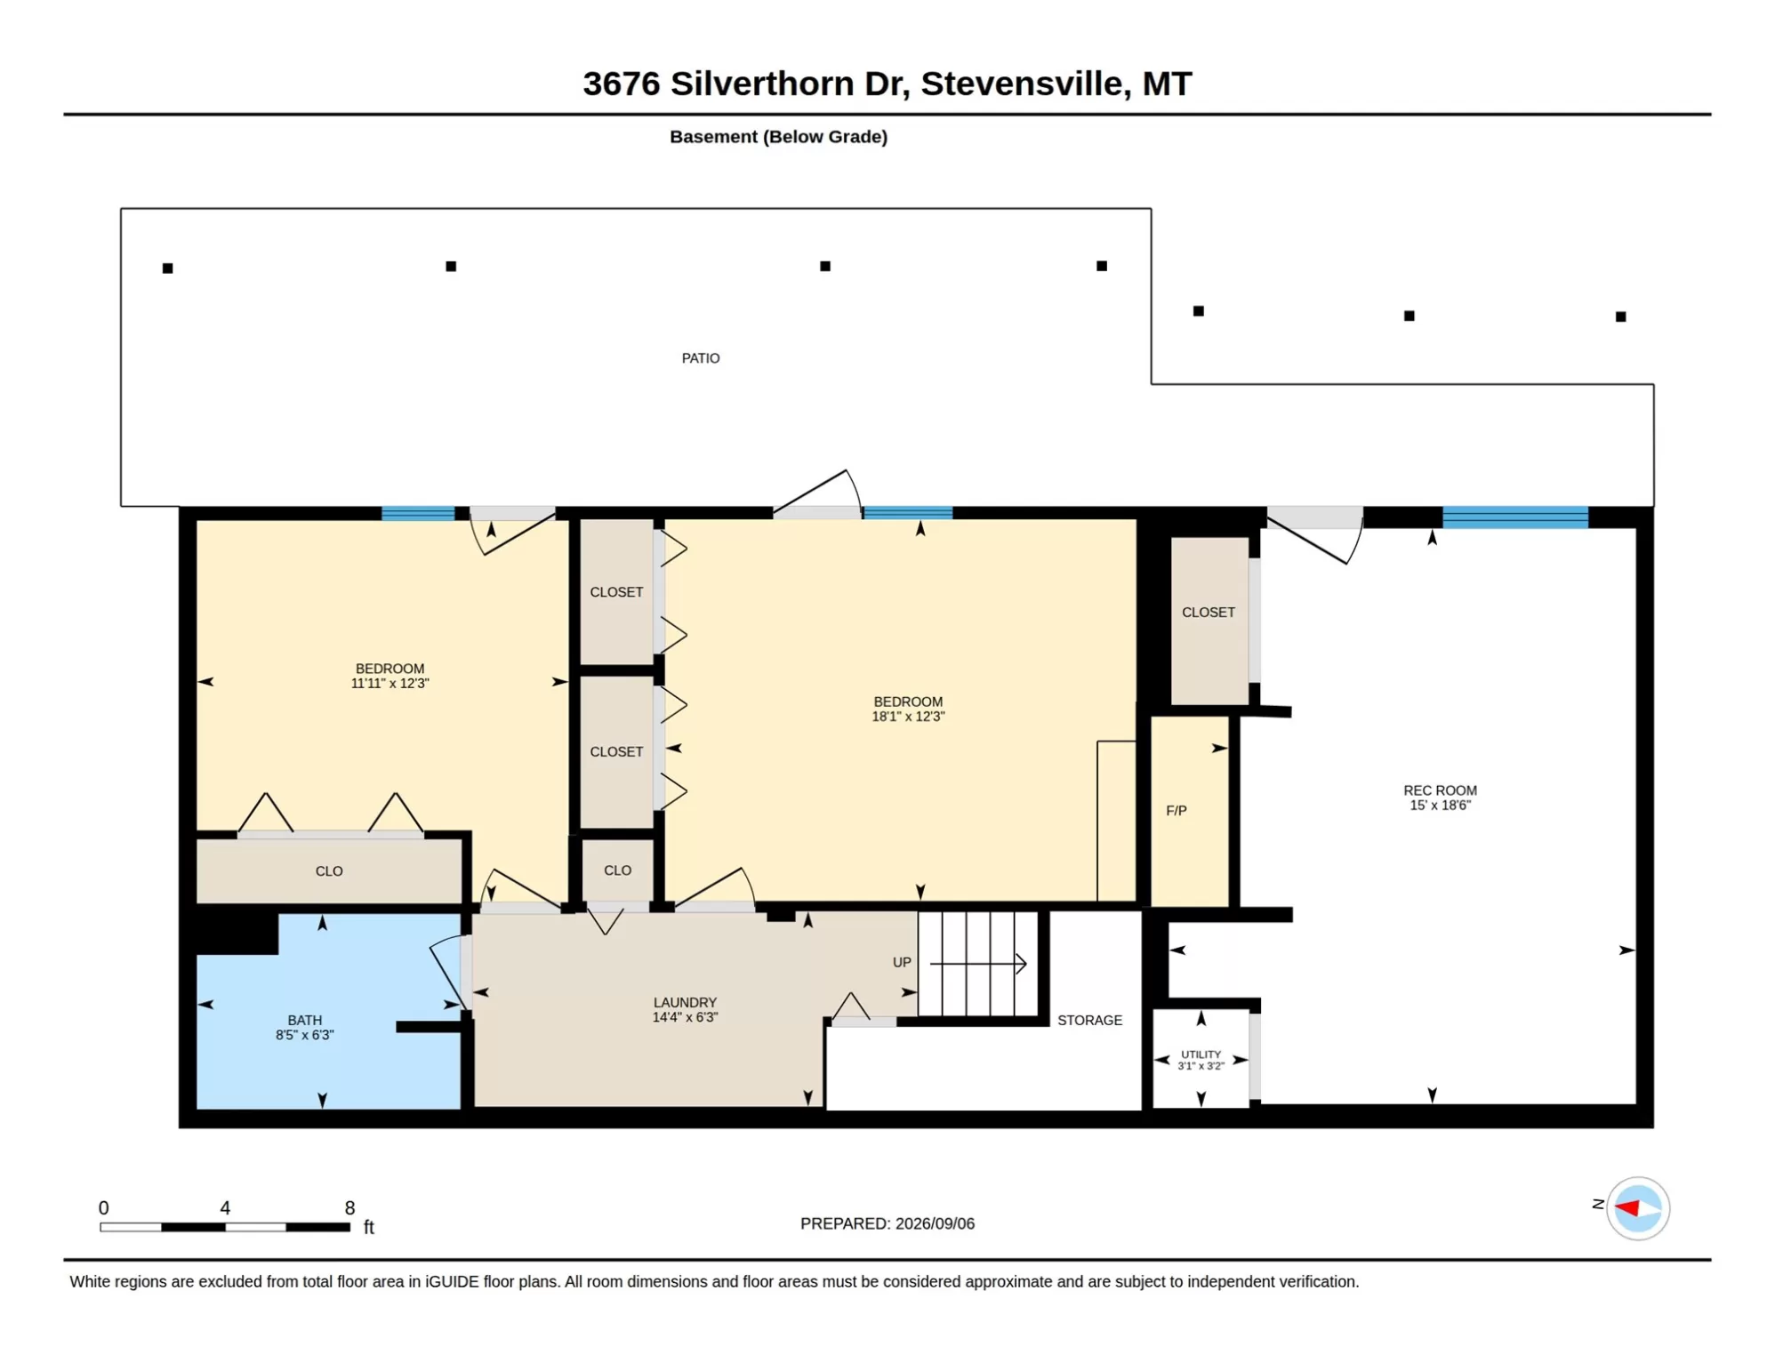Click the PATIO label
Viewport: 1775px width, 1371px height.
[701, 358]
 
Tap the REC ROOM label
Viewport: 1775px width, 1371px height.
[1440, 790]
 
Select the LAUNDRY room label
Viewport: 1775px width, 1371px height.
[685, 1002]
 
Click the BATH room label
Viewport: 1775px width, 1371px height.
[305, 1020]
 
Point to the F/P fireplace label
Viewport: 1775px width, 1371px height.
[1176, 811]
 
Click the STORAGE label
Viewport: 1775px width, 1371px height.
[1089, 1020]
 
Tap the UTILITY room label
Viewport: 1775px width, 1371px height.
[1201, 1054]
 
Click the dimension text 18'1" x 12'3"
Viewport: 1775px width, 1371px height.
[908, 717]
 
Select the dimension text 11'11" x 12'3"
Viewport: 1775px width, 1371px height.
[390, 684]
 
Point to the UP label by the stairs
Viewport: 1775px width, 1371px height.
[902, 962]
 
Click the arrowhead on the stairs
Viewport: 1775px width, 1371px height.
[1022, 963]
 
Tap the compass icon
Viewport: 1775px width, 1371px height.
[1637, 1208]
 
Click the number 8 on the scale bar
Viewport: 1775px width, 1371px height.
[349, 1207]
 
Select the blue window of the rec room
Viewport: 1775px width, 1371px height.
[1514, 517]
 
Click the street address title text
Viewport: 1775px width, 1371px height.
[887, 84]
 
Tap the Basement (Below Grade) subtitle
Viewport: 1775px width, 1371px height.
[778, 137]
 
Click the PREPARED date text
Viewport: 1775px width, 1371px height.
[887, 1223]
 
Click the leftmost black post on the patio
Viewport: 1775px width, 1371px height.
[167, 268]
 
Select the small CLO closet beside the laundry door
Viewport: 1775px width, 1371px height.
[617, 870]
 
